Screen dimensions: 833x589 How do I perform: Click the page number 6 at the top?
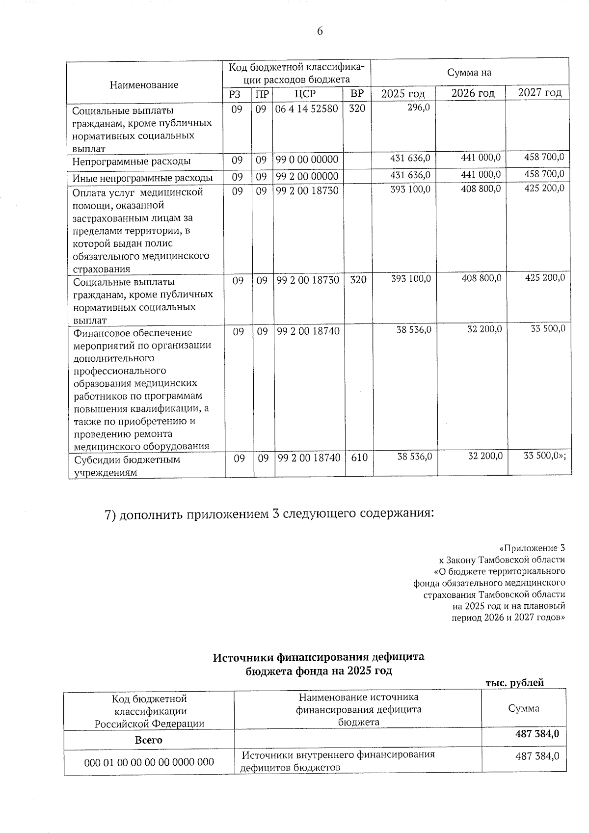click(x=320, y=31)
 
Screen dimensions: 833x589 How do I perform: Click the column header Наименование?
click(x=144, y=85)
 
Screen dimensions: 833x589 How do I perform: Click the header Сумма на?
click(x=469, y=73)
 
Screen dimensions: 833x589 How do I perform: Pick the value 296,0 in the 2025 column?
click(x=419, y=107)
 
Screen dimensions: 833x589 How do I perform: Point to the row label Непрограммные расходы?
click(x=132, y=161)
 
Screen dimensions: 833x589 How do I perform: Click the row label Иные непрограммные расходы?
click(x=142, y=178)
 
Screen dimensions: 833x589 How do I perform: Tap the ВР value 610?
click(x=359, y=457)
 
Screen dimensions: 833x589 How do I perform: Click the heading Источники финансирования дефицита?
click(x=318, y=657)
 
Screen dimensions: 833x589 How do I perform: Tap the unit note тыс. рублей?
click(x=514, y=683)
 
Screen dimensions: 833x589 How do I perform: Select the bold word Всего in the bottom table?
click(x=149, y=740)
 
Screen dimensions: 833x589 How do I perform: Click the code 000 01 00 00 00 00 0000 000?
click(x=149, y=762)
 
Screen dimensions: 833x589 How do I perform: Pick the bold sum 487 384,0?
click(x=537, y=734)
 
